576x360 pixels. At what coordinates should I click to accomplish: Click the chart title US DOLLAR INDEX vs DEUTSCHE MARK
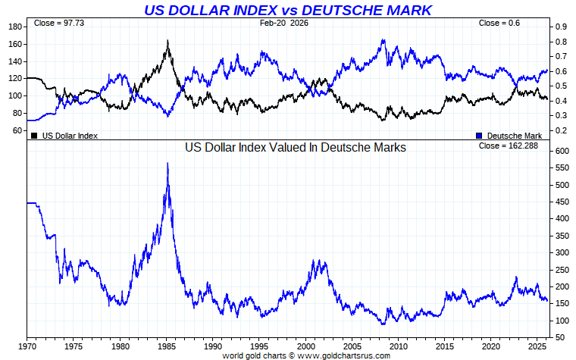(x=288, y=10)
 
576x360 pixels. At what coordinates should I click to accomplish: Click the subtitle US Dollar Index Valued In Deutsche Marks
(x=296, y=148)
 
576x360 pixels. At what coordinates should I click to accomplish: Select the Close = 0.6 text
(x=499, y=23)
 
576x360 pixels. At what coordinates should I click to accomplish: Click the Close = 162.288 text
(x=509, y=145)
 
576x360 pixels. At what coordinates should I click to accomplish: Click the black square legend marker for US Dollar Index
(x=34, y=136)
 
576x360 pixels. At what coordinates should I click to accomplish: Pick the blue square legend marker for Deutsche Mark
(x=479, y=136)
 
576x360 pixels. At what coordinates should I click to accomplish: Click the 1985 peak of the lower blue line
(x=167, y=164)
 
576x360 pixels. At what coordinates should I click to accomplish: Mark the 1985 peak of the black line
(x=167, y=41)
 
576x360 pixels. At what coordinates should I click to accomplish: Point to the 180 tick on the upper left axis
(x=14, y=27)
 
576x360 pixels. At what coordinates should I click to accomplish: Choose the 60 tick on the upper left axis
(x=16, y=130)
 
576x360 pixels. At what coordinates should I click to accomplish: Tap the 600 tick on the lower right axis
(x=562, y=151)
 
